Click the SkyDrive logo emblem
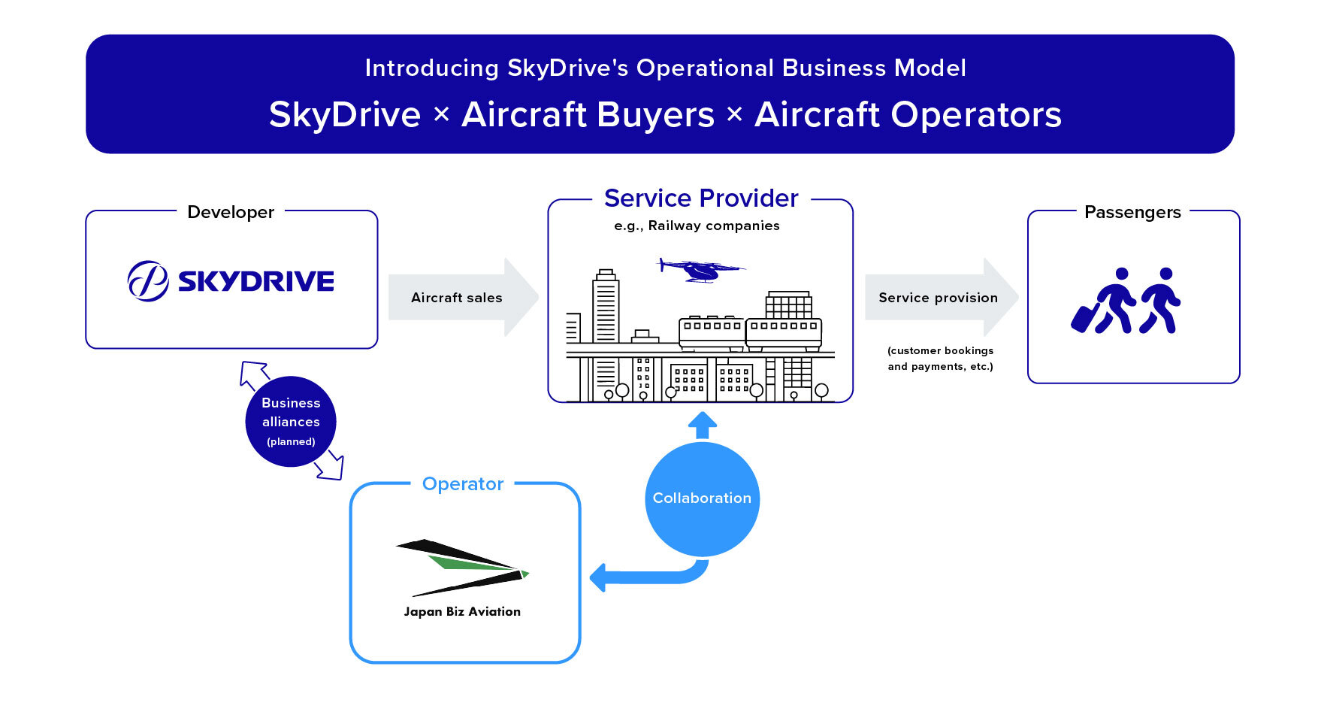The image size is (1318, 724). (148, 281)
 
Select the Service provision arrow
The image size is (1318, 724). (942, 298)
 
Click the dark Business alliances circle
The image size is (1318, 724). (291, 422)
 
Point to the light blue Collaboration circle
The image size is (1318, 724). (702, 499)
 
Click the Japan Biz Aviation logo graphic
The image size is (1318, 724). (462, 568)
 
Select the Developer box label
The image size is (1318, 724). (231, 212)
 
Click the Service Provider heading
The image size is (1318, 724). (701, 198)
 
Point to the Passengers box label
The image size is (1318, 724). (1132, 212)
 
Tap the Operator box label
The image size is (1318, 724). (463, 484)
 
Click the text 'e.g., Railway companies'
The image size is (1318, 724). (697, 226)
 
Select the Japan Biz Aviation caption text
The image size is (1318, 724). (462, 612)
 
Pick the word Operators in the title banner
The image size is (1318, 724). (975, 115)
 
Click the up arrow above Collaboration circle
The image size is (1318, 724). (703, 426)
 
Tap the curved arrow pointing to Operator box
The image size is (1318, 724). (649, 574)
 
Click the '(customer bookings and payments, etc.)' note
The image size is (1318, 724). (940, 359)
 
